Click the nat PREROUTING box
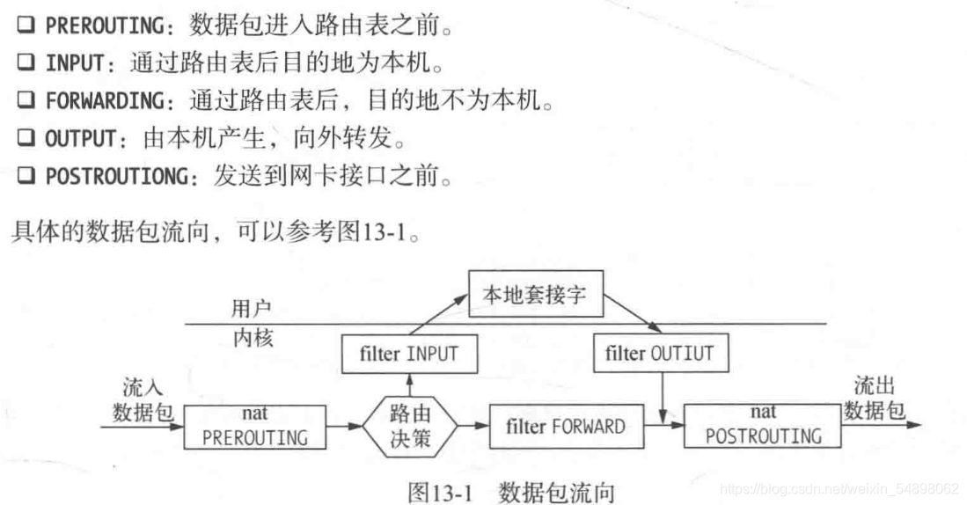pos(255,426)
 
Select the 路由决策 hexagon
pos(410,426)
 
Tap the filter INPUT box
pos(409,354)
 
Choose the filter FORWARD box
pos(566,427)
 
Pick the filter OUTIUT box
pos(660,354)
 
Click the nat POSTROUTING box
pos(763,425)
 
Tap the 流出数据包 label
pos(876,398)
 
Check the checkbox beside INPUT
pos(26,62)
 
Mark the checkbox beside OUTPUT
pos(26,138)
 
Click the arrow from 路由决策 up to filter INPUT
pos(409,384)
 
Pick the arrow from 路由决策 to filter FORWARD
pos(474,426)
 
